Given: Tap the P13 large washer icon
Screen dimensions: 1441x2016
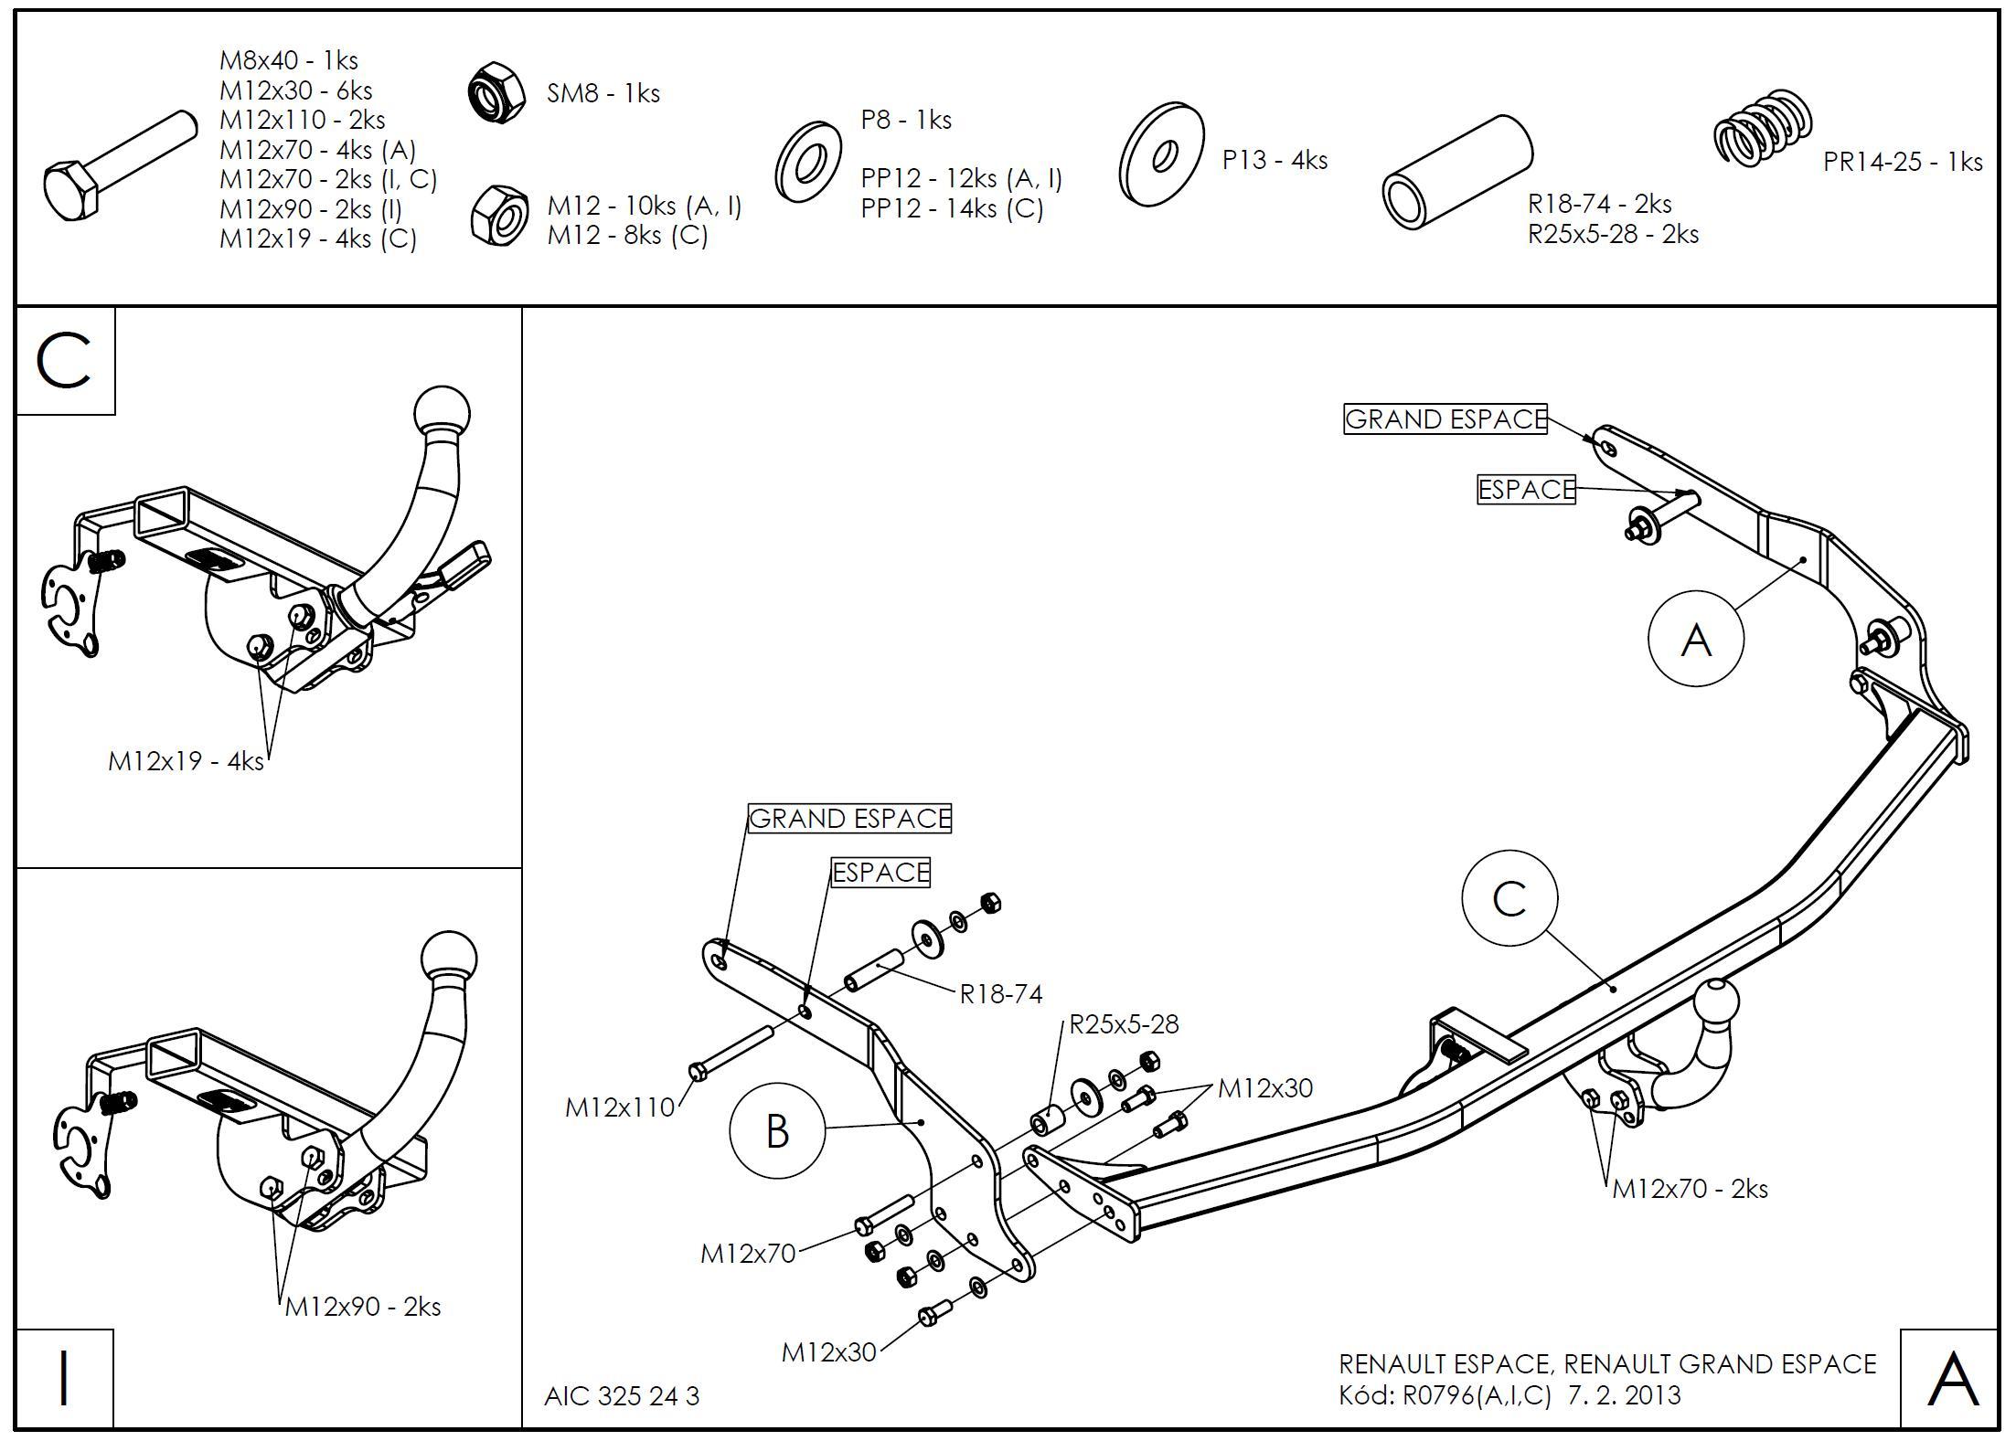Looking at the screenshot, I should pyautogui.click(x=1161, y=154).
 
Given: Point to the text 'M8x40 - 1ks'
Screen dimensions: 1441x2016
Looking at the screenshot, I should pyautogui.click(x=288, y=60).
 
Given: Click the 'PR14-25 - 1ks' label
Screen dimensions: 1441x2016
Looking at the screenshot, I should pyautogui.click(x=1902, y=162).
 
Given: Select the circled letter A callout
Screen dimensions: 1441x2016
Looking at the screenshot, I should pyautogui.click(x=1695, y=639).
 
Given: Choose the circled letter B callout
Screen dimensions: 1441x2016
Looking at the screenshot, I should pyautogui.click(x=776, y=1131).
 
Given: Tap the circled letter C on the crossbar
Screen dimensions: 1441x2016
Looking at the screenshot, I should pyautogui.click(x=1509, y=899).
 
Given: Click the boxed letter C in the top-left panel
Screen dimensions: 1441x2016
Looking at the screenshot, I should pyautogui.click(x=65, y=361).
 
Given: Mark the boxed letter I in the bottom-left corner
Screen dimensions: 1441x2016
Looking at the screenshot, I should pyautogui.click(x=64, y=1378).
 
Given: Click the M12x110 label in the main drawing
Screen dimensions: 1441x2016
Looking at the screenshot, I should pyautogui.click(x=619, y=1107).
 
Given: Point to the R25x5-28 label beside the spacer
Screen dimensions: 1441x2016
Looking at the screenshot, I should pyautogui.click(x=1124, y=1024).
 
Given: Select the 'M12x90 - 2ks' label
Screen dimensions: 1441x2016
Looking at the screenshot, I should pyautogui.click(x=362, y=1307).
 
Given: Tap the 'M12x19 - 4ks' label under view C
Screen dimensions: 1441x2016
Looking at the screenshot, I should pyautogui.click(x=186, y=761).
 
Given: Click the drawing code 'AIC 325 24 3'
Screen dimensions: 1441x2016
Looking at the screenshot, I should pyautogui.click(x=622, y=1396).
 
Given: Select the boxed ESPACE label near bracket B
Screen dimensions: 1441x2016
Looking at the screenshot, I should pyautogui.click(x=880, y=873).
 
